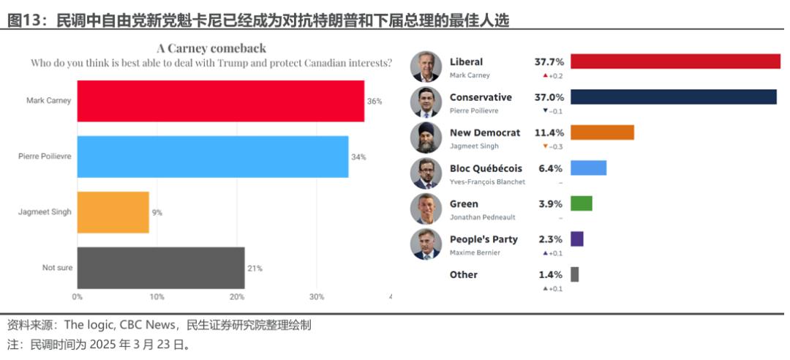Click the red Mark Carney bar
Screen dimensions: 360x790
pyautogui.click(x=220, y=101)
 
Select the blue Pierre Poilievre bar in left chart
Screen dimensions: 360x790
pyautogui.click(x=212, y=157)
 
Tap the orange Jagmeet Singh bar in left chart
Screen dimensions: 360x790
pyautogui.click(x=113, y=212)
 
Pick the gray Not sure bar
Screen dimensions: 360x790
pyautogui.click(x=161, y=268)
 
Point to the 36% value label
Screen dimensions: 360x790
pyautogui.click(x=375, y=101)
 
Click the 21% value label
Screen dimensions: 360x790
pyautogui.click(x=255, y=268)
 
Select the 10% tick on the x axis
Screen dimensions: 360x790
pyautogui.click(x=157, y=297)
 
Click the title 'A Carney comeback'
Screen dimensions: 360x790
pyautogui.click(x=211, y=48)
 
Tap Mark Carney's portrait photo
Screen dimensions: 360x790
pyautogui.click(x=426, y=67)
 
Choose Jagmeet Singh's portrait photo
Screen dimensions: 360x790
pyautogui.click(x=426, y=138)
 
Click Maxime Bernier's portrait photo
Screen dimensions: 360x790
pyautogui.click(x=426, y=244)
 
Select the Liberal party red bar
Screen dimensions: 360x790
pyautogui.click(x=675, y=61)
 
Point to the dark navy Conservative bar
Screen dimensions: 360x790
pyautogui.click(x=673, y=97)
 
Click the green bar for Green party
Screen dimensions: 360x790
pyautogui.click(x=581, y=203)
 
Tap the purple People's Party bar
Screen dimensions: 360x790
pyautogui.click(x=576, y=239)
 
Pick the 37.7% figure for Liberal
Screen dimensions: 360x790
pyautogui.click(x=549, y=62)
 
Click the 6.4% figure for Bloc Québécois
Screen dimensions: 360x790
pyautogui.click(x=551, y=168)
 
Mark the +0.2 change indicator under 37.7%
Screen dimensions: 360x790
pyautogui.click(x=553, y=75)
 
